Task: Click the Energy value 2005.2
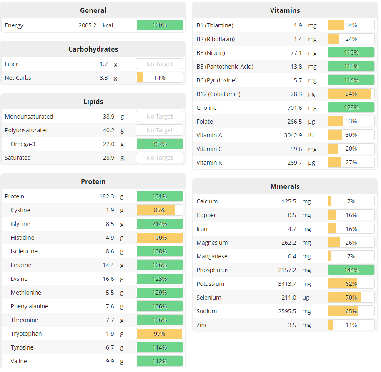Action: pos(88,25)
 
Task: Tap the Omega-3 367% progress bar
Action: pos(159,144)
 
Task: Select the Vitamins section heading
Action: pos(285,10)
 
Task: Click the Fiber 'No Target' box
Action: pos(159,64)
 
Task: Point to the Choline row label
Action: pos(206,108)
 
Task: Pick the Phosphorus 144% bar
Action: pos(351,270)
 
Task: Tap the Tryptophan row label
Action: pos(26,334)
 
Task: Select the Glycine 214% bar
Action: pos(159,224)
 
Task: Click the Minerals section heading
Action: pos(285,186)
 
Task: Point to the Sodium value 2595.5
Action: pos(287,311)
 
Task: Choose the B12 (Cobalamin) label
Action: pos(218,94)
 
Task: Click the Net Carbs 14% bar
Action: pos(159,78)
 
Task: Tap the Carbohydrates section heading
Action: pos(93,49)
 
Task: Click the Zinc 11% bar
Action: pos(351,325)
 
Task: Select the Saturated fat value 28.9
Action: pos(108,158)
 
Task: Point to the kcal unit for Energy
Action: pos(108,25)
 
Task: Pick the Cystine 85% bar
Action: pos(159,210)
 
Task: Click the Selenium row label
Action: pos(209,298)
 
